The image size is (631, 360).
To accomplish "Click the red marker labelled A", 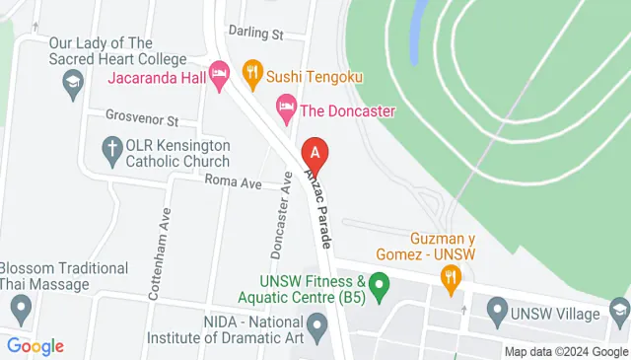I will click(x=315, y=153).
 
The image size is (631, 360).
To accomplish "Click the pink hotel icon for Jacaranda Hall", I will click(x=220, y=72).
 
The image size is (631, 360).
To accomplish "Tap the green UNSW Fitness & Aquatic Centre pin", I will click(x=386, y=288).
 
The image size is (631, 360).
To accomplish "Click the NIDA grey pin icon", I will click(x=317, y=324).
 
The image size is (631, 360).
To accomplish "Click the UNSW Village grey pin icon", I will click(x=497, y=314).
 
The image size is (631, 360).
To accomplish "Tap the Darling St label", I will click(x=254, y=33).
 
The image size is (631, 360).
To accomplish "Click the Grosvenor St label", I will click(x=141, y=120).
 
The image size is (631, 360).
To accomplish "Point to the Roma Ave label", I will click(x=233, y=182).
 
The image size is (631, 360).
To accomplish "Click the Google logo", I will click(x=35, y=345).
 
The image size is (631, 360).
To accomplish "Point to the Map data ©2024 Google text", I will click(x=565, y=351).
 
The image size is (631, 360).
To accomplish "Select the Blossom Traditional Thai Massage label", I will click(x=64, y=276).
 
